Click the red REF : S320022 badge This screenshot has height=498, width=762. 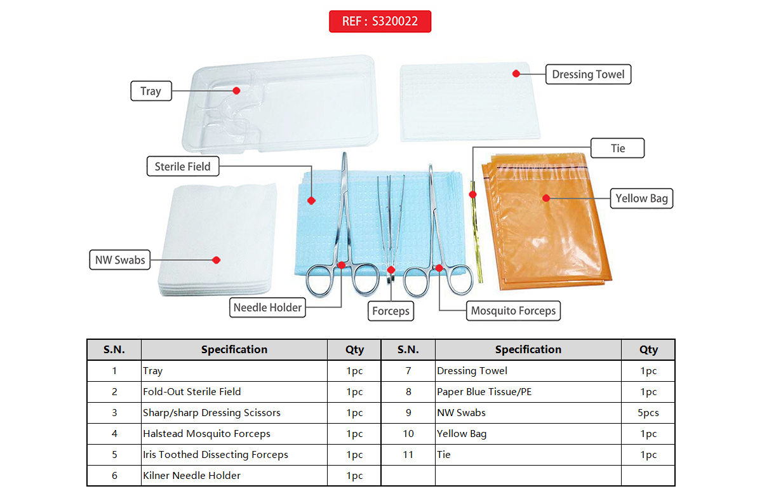380,21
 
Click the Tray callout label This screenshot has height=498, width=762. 150,91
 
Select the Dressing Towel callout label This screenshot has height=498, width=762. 588,74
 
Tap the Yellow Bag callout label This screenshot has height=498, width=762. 641,198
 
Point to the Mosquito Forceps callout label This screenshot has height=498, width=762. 513,311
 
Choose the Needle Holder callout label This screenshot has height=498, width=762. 267,307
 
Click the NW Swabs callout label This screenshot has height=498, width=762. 120,260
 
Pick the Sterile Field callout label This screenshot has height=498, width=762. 183,166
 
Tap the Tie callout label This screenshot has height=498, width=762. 618,149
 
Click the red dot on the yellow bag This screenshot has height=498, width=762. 545,198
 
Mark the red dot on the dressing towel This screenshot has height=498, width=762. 516,74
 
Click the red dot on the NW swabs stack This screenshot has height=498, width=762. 216,260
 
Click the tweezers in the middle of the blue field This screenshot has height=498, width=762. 387,222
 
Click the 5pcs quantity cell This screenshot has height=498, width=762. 648,413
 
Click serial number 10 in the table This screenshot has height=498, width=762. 408,434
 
